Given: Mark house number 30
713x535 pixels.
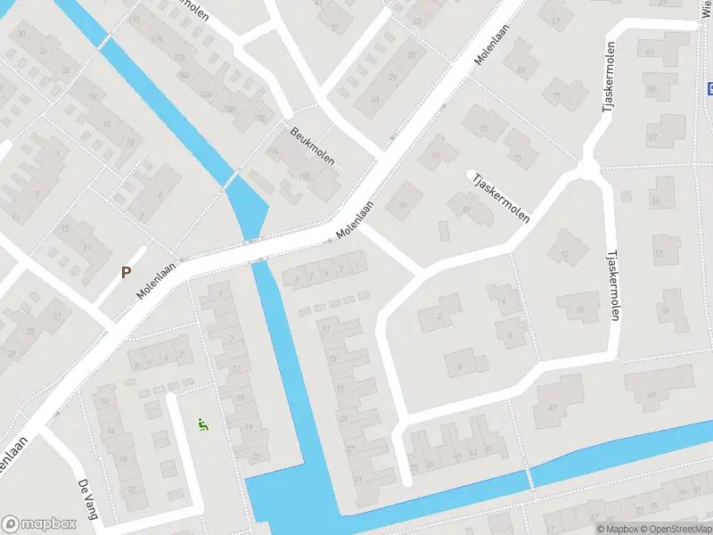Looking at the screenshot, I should (x=21, y=34).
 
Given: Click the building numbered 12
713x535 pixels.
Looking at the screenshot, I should (x=563, y=255).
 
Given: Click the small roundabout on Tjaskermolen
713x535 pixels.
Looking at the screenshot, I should (x=587, y=168).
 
